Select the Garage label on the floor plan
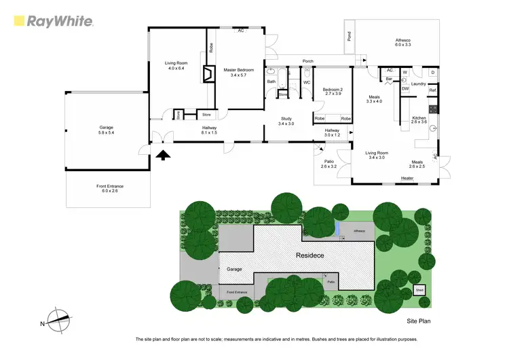(x=106, y=130)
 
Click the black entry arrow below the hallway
(x=163, y=156)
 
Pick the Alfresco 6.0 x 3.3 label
(x=404, y=43)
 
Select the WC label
(x=307, y=83)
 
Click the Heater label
(x=407, y=178)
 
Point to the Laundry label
(x=418, y=84)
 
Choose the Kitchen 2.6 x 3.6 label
(x=419, y=120)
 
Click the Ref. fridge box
(x=432, y=91)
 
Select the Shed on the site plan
(x=419, y=291)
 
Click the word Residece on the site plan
(x=309, y=255)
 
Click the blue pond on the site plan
(x=337, y=230)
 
